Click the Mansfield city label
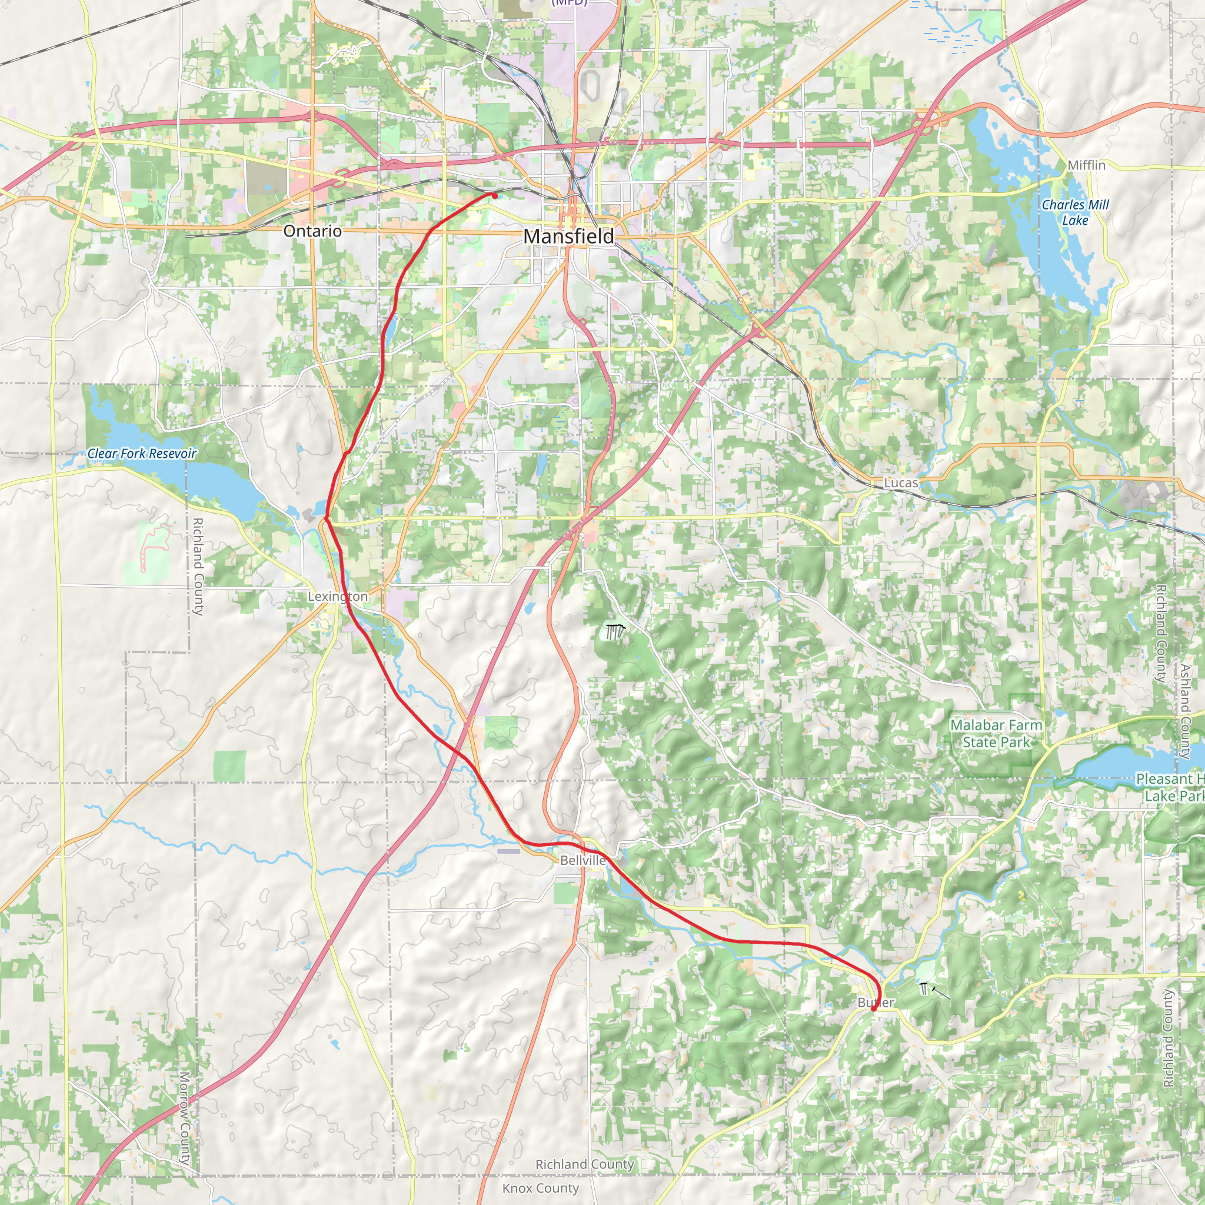coord(568,237)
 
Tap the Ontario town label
coord(312,231)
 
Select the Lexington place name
coord(337,596)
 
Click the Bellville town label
coord(582,860)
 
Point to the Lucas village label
coord(901,482)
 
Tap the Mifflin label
coord(1086,165)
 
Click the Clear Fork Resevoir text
coord(142,454)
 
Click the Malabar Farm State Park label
coord(996,734)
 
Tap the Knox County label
coord(540,1188)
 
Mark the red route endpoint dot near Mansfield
coord(495,196)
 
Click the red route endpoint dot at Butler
coord(873,1008)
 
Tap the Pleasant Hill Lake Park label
coord(1170,787)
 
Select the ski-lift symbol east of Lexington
coord(614,632)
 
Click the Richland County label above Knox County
coord(584,1164)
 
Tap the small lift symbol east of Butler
coord(924,988)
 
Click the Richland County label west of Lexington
coord(198,567)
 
